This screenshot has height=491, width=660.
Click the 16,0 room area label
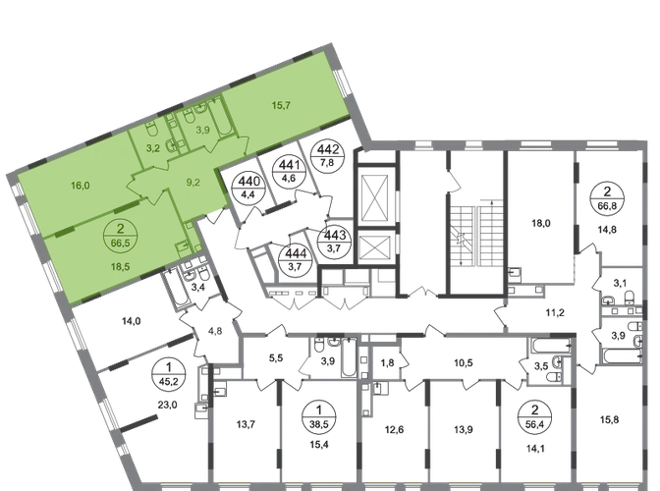80,184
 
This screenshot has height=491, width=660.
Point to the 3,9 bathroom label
204,129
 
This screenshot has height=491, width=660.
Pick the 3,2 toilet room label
152,148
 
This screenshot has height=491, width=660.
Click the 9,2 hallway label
193,180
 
